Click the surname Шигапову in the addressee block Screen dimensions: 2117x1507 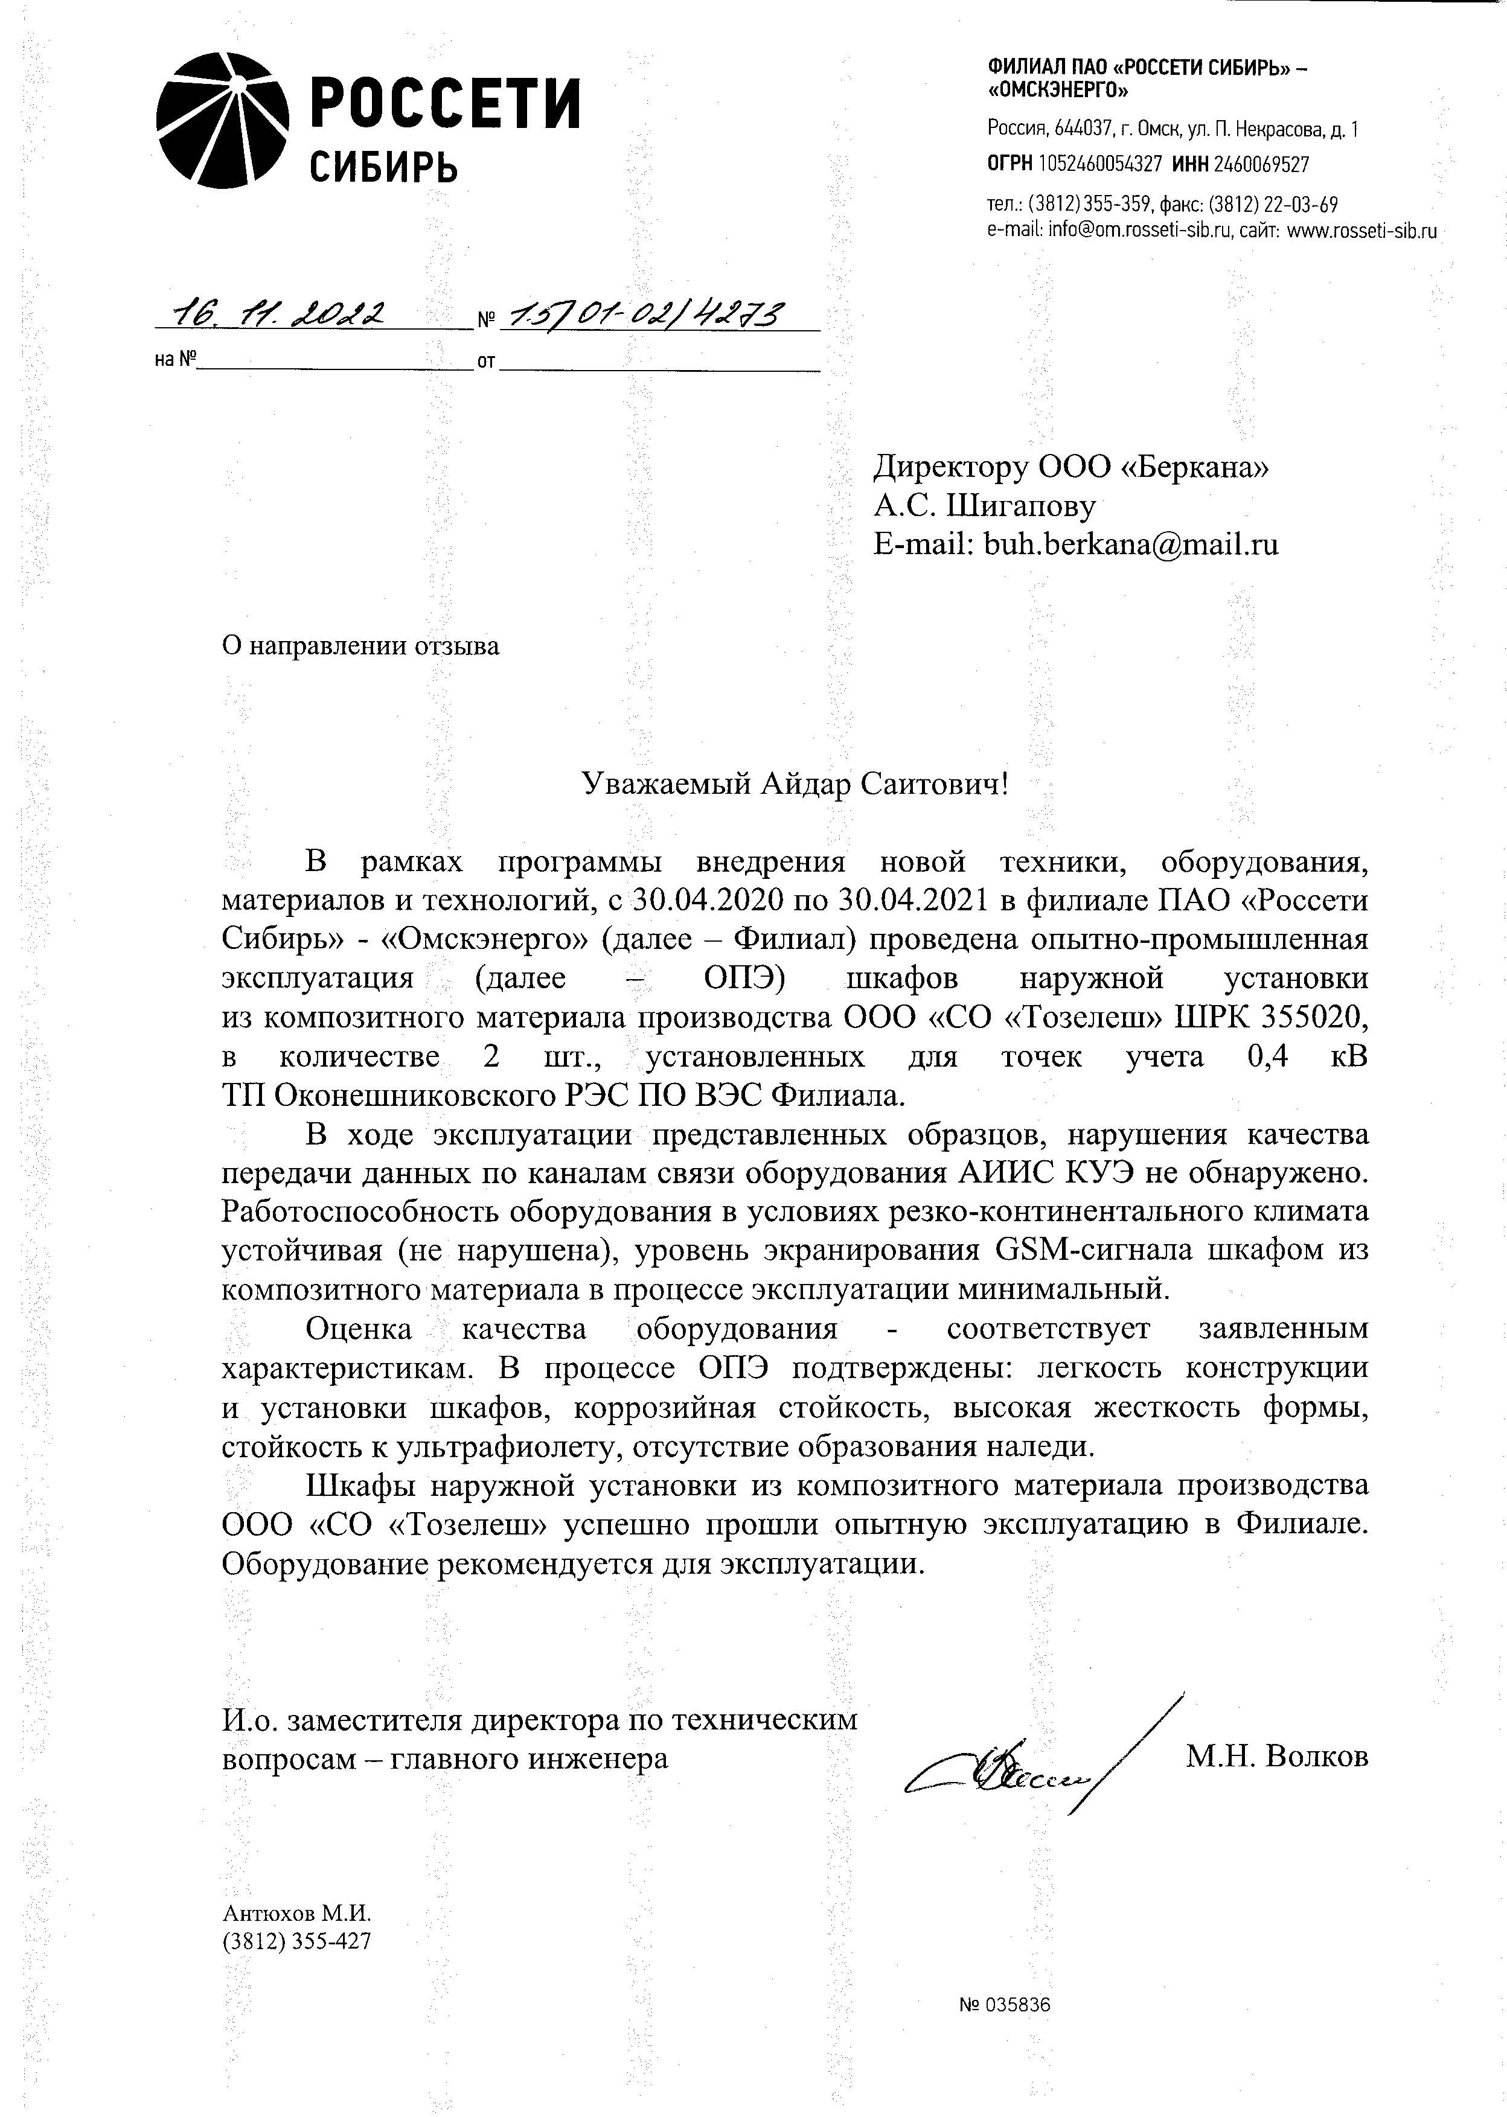coord(1021,506)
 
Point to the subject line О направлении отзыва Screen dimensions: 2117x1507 coord(360,646)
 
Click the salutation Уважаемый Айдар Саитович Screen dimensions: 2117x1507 coord(793,785)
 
